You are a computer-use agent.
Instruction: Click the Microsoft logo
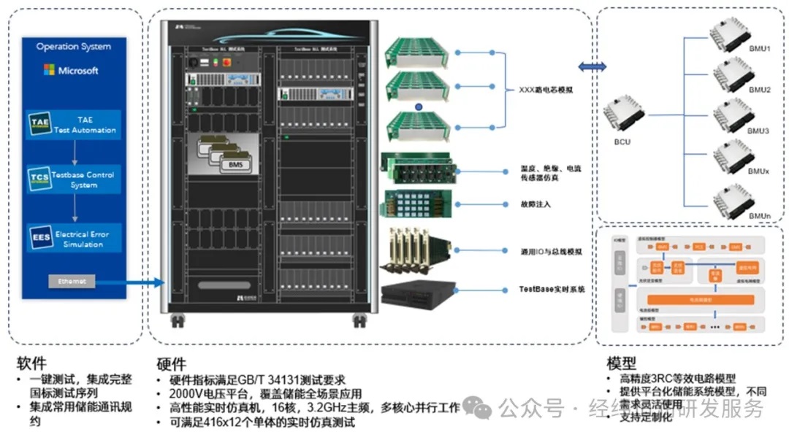click(71, 71)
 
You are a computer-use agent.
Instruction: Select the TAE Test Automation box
click(74, 125)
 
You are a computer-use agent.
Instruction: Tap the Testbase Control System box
click(74, 180)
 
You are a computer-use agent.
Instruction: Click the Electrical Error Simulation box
click(74, 239)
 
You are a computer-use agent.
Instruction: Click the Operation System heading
click(74, 47)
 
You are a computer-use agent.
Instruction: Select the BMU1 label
click(759, 48)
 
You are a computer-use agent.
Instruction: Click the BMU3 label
click(759, 131)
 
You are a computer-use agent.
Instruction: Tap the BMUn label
click(759, 217)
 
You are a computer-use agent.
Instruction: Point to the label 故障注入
click(535, 204)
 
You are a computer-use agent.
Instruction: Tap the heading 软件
click(31, 363)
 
